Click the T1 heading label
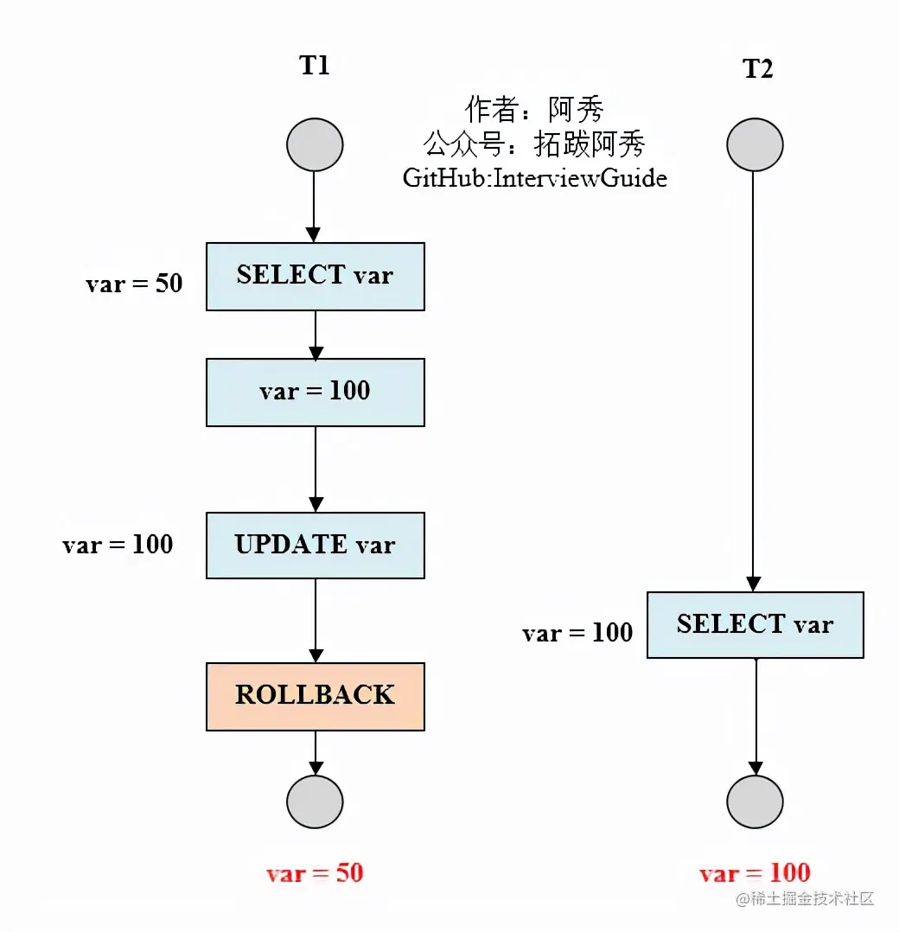pos(315,66)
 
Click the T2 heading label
pos(757,69)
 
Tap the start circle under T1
pos(315,144)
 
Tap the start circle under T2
pos(755,144)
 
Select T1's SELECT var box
pos(315,276)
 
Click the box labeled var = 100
pos(315,392)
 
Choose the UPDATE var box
pos(315,545)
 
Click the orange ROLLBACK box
pos(315,696)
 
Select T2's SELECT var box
pos(755,624)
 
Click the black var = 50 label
pos(134,284)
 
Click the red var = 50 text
pos(315,873)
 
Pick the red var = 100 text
pos(755,873)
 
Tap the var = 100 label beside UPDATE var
pos(118,545)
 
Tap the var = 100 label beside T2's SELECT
pos(577,633)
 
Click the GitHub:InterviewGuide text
pos(534,178)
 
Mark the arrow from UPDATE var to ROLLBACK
pos(316,620)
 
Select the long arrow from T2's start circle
pos(754,380)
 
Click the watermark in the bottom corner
pos(805,899)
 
